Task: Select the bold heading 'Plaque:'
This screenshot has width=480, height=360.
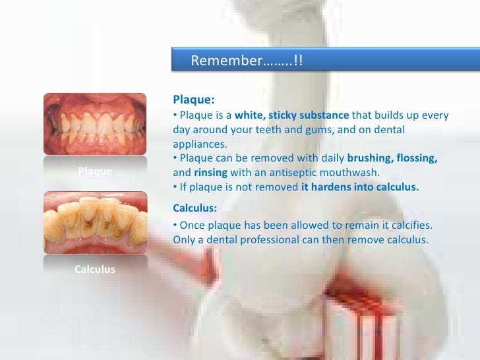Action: [193, 100]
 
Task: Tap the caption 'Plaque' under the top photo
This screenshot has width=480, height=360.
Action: [95, 171]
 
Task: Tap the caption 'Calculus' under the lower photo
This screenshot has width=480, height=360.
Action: [95, 269]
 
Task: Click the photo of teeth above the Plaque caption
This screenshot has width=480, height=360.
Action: [95, 124]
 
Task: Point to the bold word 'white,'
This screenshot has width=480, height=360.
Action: [250, 115]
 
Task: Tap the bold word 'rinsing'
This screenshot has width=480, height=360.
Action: [210, 173]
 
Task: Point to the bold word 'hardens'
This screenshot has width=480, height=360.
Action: [332, 187]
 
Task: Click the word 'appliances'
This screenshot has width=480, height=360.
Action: [198, 144]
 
